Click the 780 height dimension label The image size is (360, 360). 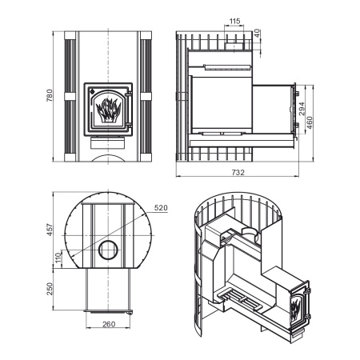pos(50,95)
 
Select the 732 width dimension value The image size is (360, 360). pos(238,173)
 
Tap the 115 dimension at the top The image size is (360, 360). pos(234,21)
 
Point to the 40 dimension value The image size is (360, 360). pos(257,34)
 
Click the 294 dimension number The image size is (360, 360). pos(302,109)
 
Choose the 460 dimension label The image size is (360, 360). pos(310,122)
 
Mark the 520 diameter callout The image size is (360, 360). pos(161,208)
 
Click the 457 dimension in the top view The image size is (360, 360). pos(50,230)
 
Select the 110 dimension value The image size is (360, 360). pos(58,258)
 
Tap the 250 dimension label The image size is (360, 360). pos(50,289)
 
